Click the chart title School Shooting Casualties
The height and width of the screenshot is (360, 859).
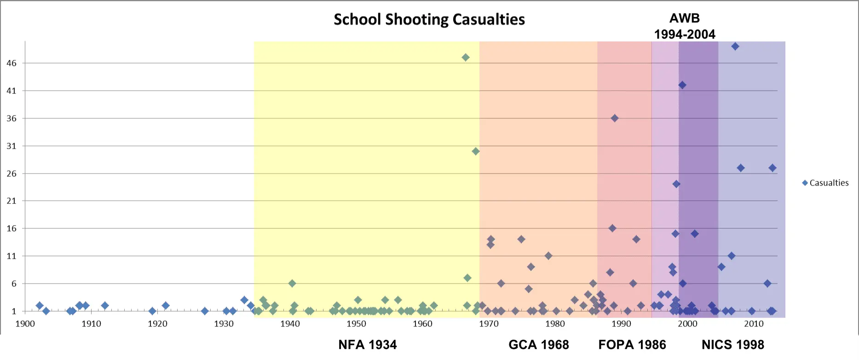[429, 20]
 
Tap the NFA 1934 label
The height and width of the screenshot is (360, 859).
[367, 345]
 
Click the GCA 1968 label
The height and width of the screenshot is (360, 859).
[538, 345]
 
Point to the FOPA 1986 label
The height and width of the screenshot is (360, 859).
[632, 345]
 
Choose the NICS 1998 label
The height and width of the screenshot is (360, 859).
[732, 345]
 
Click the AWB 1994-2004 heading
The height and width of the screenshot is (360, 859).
[685, 26]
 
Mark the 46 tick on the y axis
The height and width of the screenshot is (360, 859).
[12, 64]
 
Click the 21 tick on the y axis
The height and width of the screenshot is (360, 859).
[12, 201]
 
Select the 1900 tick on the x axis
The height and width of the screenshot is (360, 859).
[25, 324]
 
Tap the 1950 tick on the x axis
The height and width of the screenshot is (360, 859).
[356, 324]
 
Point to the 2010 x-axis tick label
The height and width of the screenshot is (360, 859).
[754, 324]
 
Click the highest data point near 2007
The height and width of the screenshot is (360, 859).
[735, 46]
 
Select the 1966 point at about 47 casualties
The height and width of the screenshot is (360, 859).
[466, 58]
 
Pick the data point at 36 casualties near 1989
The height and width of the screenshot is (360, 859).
[615, 118]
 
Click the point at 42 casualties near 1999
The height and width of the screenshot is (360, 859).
[682, 85]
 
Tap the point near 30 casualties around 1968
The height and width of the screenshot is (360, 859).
[476, 151]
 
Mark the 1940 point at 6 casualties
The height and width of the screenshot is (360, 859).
[292, 284]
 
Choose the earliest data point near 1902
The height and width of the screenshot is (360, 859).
[40, 306]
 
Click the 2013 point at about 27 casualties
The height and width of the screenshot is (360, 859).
[773, 168]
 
